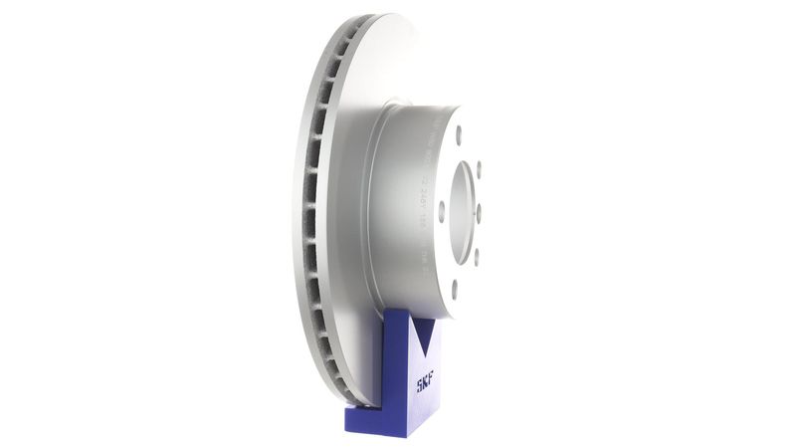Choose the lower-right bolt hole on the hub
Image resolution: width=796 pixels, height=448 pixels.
pyautogui.click(x=476, y=257)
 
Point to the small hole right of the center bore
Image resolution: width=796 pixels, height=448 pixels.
pyautogui.click(x=479, y=212)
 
